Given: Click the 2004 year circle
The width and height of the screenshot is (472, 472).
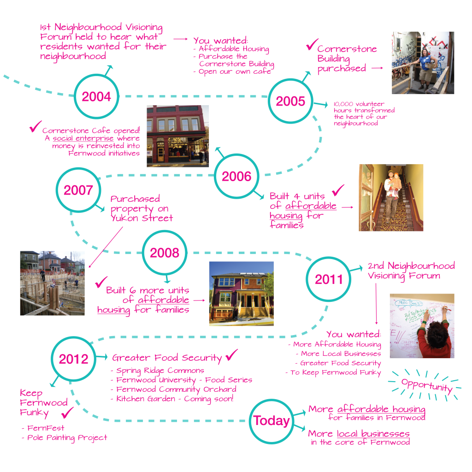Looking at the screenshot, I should tap(96, 97).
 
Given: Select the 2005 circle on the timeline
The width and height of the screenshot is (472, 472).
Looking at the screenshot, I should tap(290, 101).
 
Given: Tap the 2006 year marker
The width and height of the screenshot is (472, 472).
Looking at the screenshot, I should tap(236, 177).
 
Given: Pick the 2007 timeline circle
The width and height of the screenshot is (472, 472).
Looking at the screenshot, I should tap(78, 190).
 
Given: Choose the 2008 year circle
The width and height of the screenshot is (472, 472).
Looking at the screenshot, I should tap(164, 253).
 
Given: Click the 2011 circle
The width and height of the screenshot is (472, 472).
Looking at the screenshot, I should tap(329, 279).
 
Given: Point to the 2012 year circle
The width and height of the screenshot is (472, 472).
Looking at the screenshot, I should tap(73, 359).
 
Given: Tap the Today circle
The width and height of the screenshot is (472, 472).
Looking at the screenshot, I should tap(271, 421).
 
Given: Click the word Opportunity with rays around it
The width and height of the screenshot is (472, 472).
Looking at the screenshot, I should tap(426, 385).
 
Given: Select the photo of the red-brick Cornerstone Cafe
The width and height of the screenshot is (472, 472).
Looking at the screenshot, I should tap(177, 136).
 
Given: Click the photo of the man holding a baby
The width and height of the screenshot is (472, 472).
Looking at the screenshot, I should tap(391, 197).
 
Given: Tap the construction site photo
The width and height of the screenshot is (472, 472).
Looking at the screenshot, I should tap(52, 283).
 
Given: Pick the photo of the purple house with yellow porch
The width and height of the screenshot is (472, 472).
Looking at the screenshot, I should tap(241, 294).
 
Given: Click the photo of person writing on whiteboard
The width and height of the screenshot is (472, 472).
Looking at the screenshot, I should tap(422, 326).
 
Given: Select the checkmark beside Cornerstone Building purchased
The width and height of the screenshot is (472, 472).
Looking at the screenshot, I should tap(311, 45).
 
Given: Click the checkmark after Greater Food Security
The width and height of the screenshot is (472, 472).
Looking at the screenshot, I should tap(231, 355).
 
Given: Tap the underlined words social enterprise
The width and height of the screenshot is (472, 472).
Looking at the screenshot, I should tap(83, 139).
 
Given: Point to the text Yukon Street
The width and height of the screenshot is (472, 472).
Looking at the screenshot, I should tap(142, 218).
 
